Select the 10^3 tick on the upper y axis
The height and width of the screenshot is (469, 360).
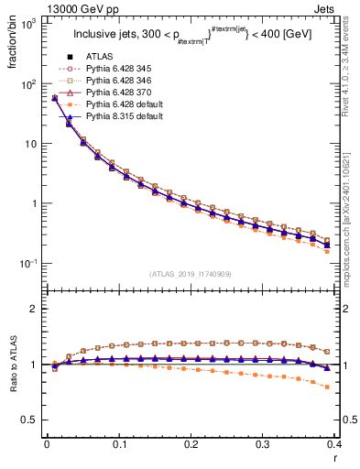click(27, 23)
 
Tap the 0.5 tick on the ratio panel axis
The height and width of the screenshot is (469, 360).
click(28, 420)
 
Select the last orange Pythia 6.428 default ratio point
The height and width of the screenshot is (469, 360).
click(328, 387)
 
